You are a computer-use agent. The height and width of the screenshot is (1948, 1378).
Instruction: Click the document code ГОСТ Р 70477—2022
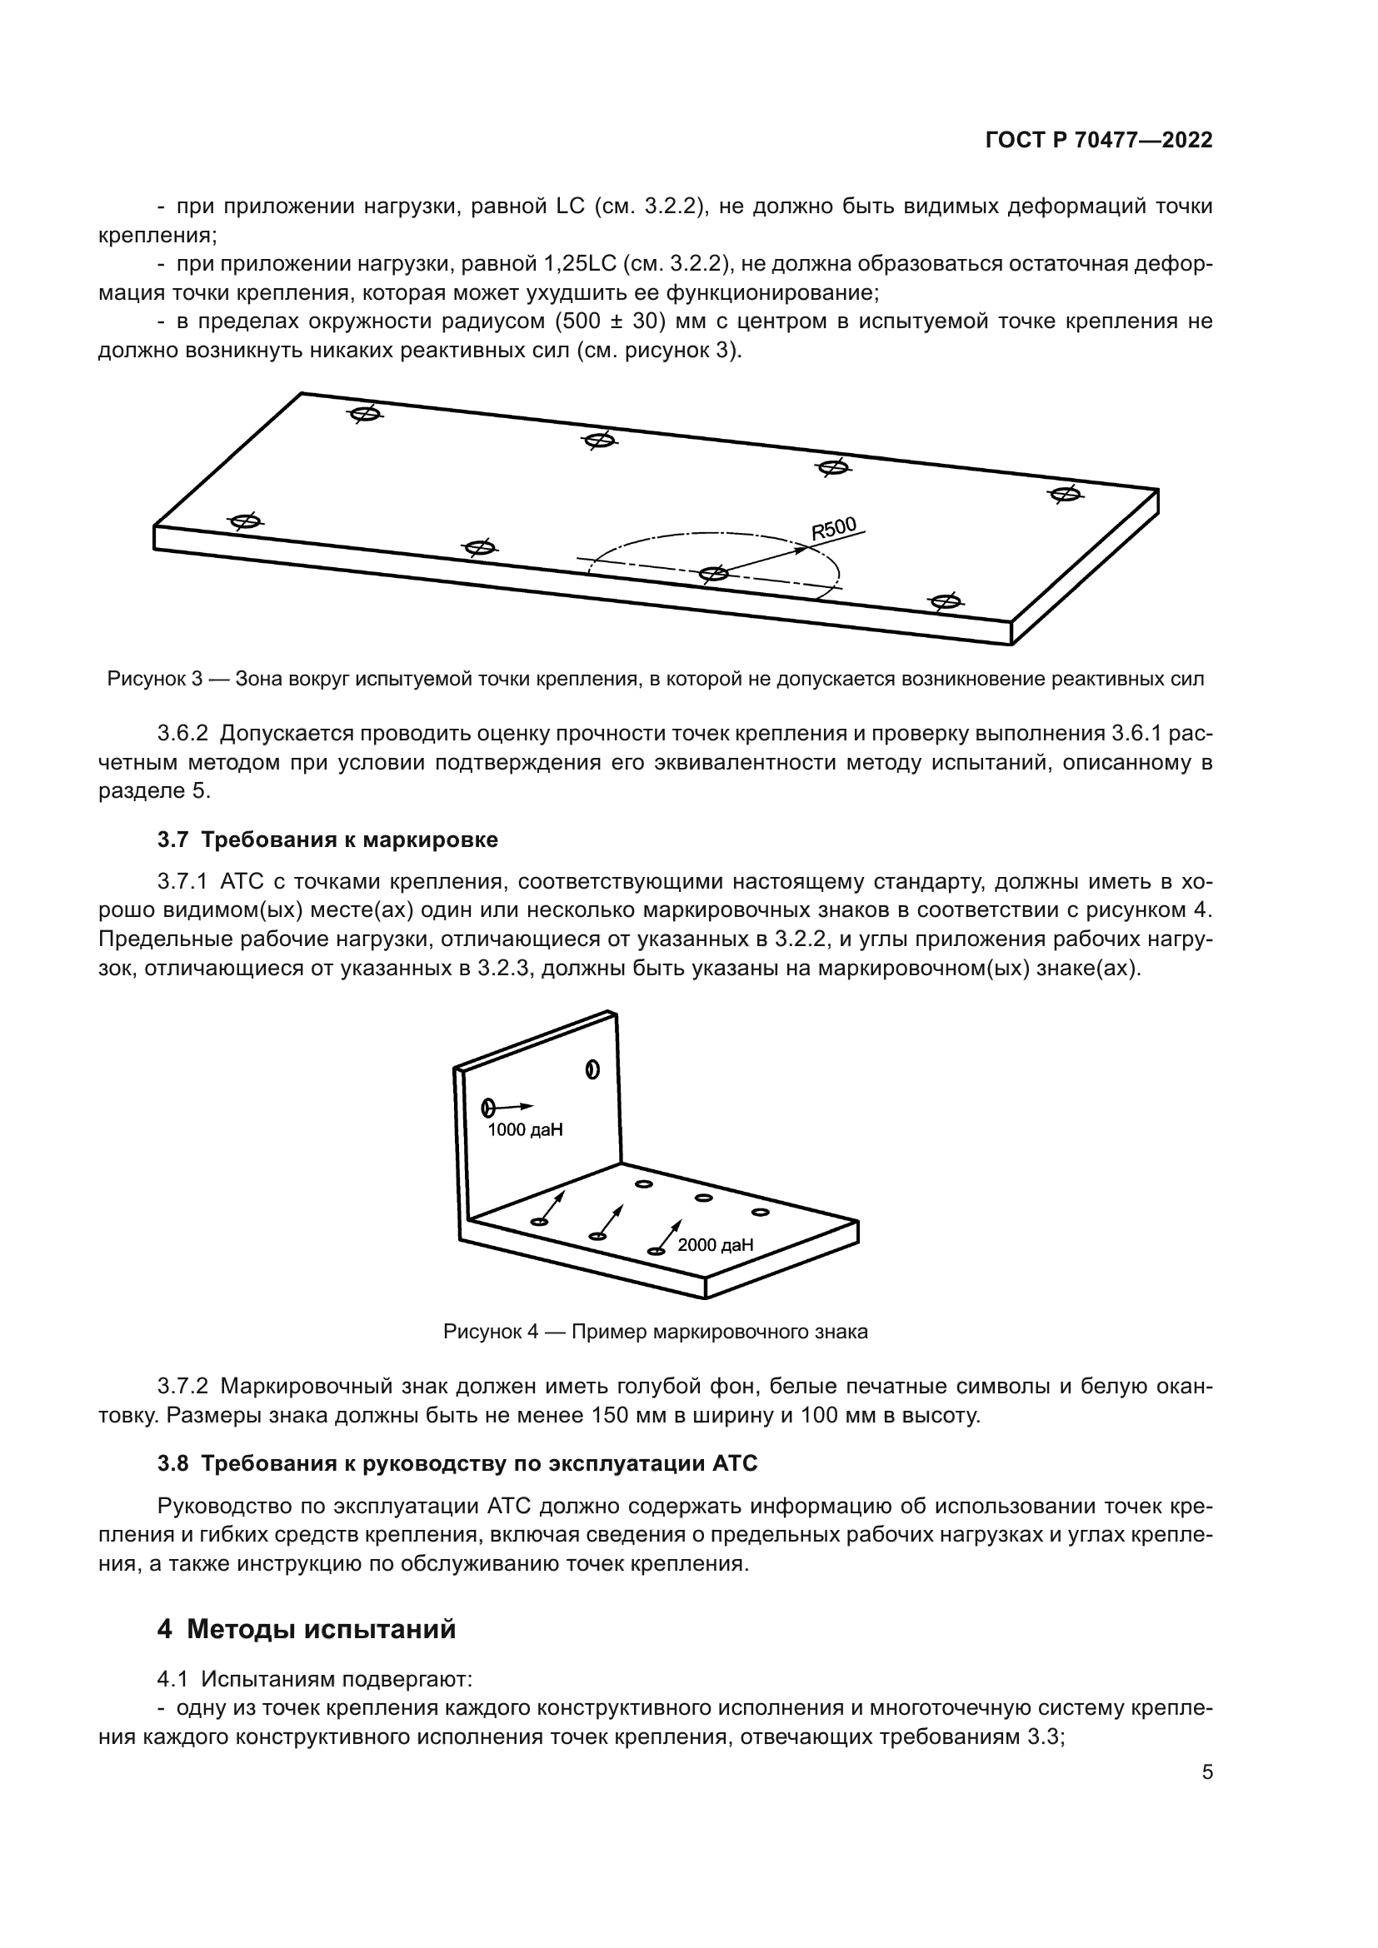coord(1099,141)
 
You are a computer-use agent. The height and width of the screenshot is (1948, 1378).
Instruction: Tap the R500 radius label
coord(834,529)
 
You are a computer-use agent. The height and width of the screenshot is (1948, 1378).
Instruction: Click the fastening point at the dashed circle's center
coord(713,575)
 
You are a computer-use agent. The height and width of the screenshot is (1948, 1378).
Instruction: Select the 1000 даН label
coord(525,1130)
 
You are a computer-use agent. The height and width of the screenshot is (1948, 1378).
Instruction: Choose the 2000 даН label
coord(716,1244)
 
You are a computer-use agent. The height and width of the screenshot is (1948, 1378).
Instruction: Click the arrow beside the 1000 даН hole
coord(515,1106)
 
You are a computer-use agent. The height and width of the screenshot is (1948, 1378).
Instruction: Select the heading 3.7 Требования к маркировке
coord(327,840)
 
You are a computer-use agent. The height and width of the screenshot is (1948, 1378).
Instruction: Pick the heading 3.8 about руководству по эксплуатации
coord(457,1462)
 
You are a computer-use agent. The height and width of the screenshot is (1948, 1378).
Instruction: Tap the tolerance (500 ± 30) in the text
coord(611,321)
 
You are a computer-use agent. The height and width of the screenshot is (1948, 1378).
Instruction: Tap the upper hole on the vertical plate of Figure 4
coord(592,1070)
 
